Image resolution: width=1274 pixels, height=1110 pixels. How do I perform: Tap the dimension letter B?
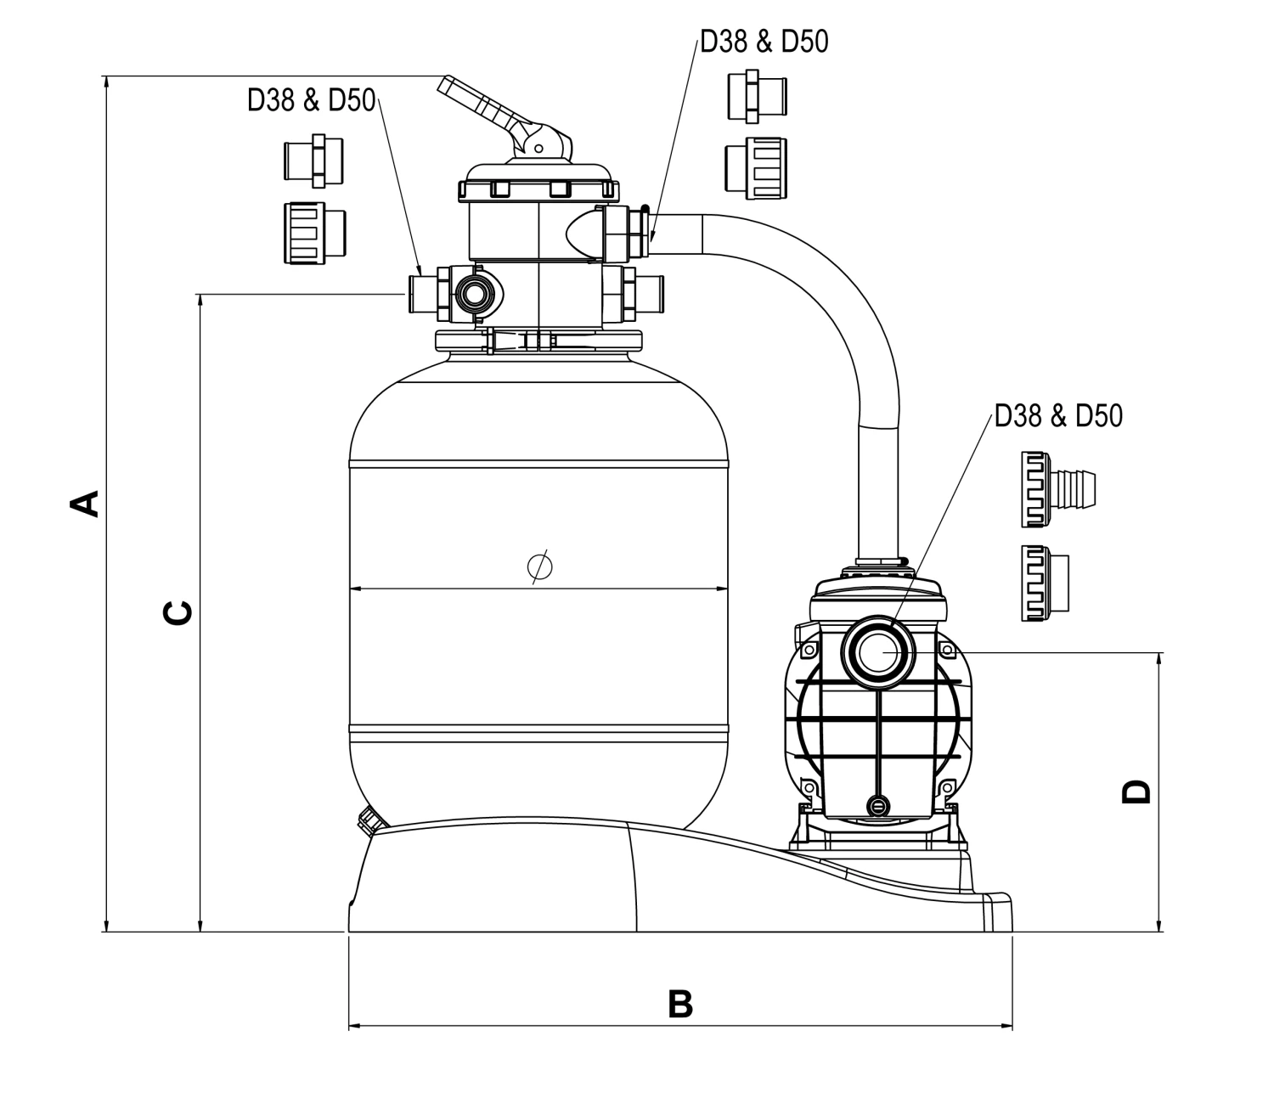(x=680, y=1004)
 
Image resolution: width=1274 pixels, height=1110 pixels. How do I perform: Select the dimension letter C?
(x=178, y=612)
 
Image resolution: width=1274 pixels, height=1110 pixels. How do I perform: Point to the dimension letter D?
(x=1136, y=791)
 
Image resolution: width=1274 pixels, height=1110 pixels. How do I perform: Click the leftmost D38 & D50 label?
(x=311, y=100)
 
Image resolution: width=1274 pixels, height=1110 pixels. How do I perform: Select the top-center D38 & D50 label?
(x=764, y=42)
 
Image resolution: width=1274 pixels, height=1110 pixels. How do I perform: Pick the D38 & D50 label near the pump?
(x=1058, y=415)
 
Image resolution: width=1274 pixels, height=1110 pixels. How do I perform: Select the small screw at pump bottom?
(x=878, y=804)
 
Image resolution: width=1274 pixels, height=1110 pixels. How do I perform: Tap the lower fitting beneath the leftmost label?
(x=314, y=231)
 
